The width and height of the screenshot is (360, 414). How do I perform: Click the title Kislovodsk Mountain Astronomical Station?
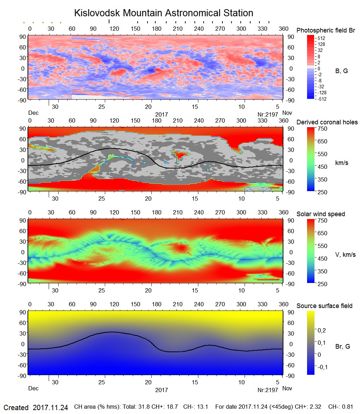click(163, 13)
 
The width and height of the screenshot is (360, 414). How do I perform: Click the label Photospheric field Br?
click(326, 30)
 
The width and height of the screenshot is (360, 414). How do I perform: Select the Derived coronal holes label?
click(327, 122)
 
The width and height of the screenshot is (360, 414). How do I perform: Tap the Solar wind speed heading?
click(320, 214)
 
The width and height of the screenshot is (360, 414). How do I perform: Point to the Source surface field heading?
click(324, 306)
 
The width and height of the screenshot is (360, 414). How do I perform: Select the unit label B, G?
click(341, 71)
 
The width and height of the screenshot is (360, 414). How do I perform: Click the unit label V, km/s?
click(345, 255)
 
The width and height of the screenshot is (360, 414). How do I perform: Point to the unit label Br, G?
click(342, 347)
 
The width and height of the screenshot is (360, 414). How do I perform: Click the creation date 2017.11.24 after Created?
click(50, 408)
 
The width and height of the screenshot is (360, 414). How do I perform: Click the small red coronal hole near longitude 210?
click(180, 154)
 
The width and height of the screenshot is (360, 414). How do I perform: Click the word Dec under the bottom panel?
click(33, 389)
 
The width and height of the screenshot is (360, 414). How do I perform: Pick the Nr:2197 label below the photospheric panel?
click(268, 114)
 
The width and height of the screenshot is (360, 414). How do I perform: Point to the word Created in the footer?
click(16, 408)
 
